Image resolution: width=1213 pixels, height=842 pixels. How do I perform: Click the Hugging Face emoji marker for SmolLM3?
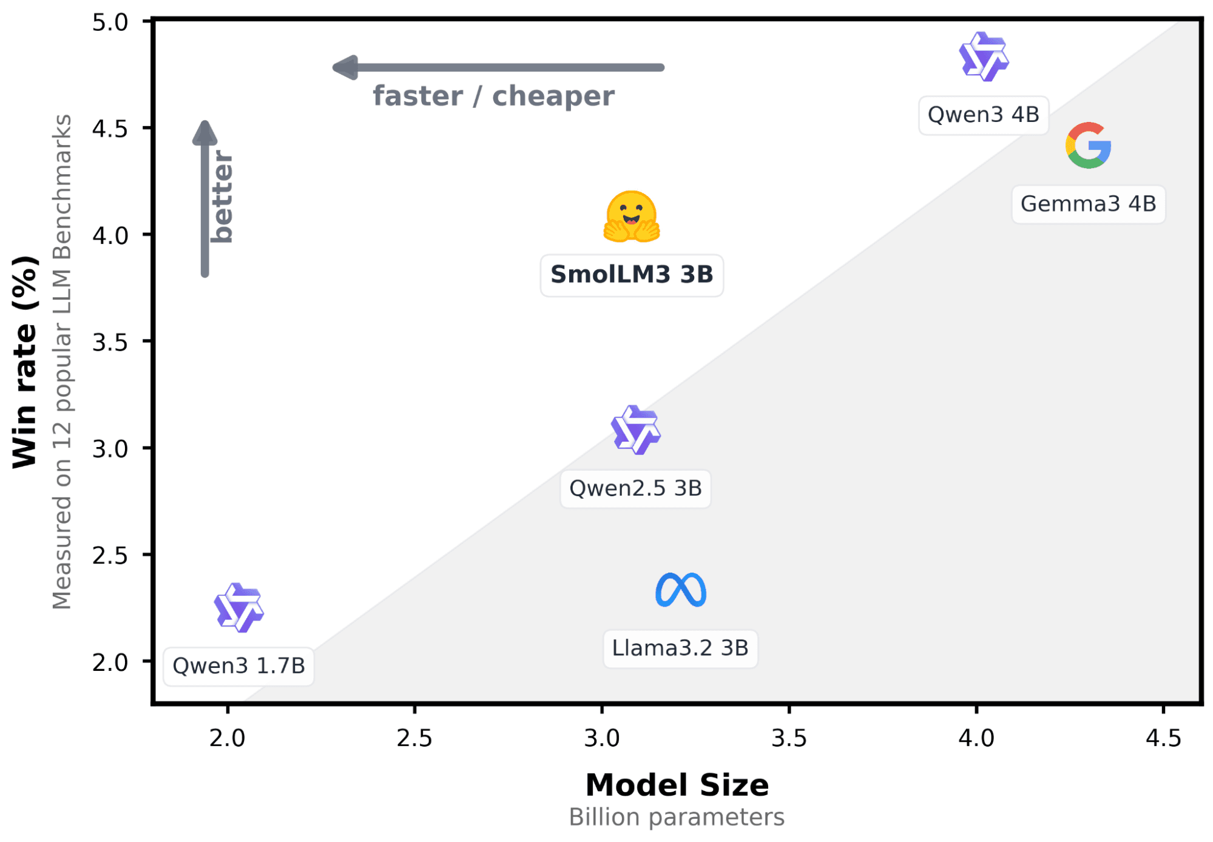click(x=631, y=217)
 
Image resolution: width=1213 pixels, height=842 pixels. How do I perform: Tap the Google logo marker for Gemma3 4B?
click(x=1088, y=146)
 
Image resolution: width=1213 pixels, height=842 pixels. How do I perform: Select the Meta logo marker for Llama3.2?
click(x=680, y=590)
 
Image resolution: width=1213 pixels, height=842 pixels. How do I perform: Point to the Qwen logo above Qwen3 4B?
click(x=983, y=57)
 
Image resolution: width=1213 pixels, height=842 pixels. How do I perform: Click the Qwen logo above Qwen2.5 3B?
click(x=635, y=430)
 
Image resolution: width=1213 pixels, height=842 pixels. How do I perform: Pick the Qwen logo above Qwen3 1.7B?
click(x=238, y=608)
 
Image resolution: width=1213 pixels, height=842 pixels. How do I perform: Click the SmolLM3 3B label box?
click(x=631, y=275)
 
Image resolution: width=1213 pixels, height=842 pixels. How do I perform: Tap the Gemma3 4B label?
click(x=1088, y=204)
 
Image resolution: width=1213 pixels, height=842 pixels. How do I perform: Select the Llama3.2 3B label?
click(x=680, y=648)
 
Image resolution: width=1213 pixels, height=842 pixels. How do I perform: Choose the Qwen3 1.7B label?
click(x=238, y=666)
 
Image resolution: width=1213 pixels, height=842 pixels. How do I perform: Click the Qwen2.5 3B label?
click(x=635, y=488)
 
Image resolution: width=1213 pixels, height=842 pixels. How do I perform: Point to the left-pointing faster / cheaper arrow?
click(x=498, y=67)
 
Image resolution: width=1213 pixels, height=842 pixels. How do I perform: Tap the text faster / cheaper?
click(x=493, y=96)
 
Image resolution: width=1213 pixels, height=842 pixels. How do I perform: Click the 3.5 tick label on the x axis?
click(x=789, y=738)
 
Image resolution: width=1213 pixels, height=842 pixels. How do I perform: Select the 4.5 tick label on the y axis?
click(x=110, y=129)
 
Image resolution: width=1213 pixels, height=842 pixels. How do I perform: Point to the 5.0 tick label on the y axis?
click(x=110, y=22)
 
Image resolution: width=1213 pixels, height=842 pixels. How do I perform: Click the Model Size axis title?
click(x=677, y=785)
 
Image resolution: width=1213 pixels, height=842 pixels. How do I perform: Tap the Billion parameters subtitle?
click(x=677, y=817)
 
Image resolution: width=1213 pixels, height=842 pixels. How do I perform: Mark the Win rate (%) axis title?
click(x=25, y=362)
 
